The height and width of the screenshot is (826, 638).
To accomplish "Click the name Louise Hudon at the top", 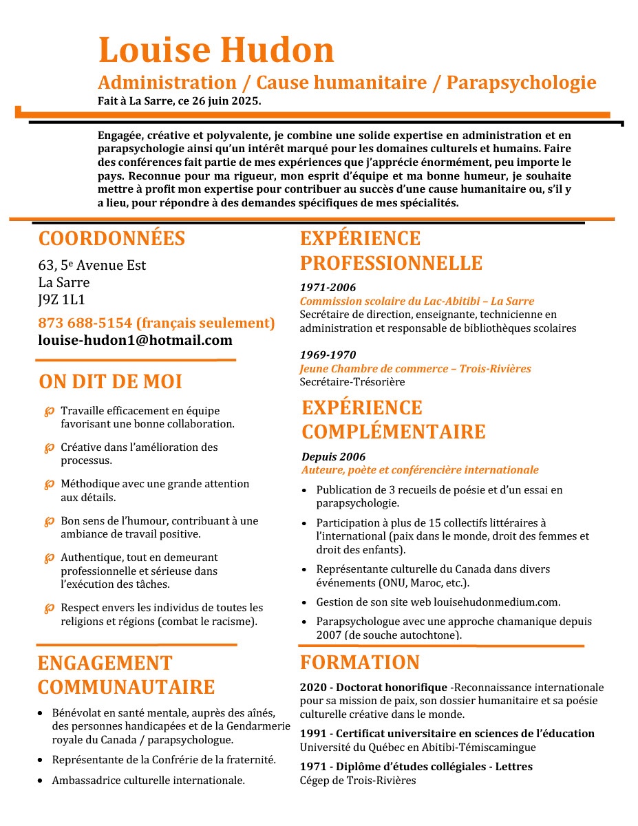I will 216,50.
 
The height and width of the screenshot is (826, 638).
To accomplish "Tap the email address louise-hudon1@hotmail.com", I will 135,340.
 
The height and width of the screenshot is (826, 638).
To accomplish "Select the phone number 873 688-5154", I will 85,323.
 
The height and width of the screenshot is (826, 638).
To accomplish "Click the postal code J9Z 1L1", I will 62,299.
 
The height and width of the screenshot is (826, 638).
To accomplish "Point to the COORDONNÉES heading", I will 111,238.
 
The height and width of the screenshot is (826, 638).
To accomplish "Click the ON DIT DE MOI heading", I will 110,381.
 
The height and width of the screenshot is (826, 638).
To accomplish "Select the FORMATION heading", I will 359,662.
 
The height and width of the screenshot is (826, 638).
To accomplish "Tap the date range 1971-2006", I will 328,287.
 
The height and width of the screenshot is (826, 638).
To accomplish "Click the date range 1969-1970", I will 328,354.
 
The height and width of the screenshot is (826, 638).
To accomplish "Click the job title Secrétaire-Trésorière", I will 352,381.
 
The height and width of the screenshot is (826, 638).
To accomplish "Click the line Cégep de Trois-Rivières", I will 358,780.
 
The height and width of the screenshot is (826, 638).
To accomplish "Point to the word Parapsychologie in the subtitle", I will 521,83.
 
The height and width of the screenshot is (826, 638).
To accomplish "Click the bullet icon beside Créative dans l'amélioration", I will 49,448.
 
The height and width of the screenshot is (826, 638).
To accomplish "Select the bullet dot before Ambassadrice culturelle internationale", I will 43,781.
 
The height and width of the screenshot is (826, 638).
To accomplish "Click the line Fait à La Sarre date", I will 179,101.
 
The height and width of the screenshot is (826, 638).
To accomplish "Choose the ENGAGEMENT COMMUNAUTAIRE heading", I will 126,675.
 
